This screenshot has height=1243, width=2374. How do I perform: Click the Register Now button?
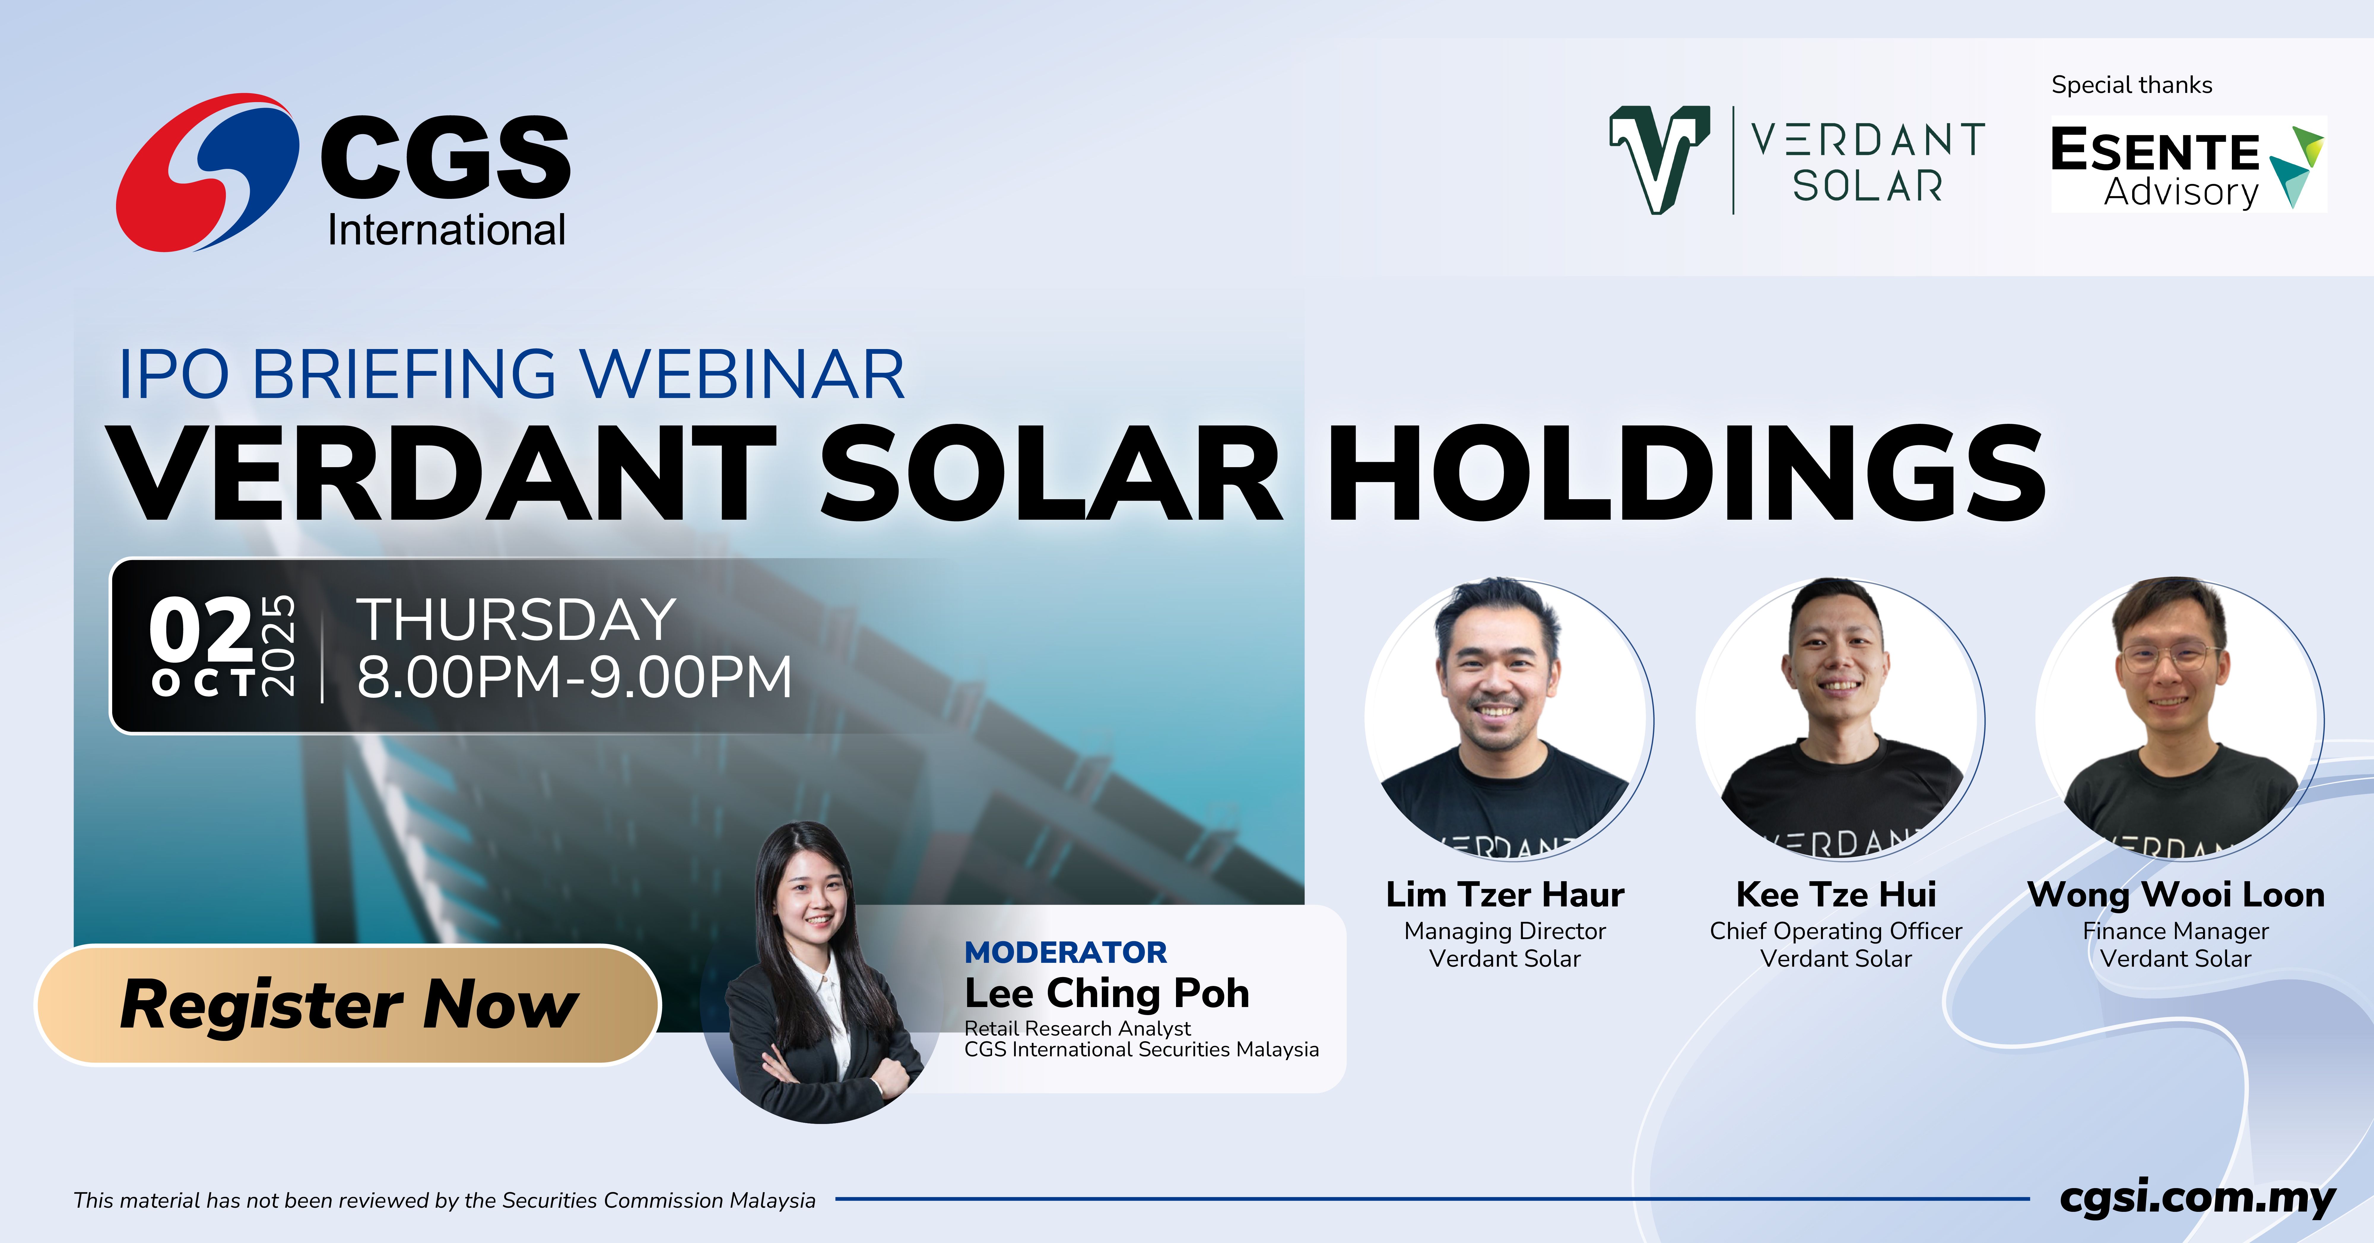click(x=348, y=1004)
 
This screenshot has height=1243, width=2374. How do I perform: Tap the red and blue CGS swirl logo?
click(x=207, y=172)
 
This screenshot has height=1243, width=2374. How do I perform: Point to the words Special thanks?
click(x=2132, y=85)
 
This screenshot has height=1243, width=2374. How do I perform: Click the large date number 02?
click(x=201, y=629)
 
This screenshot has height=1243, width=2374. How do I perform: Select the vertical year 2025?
click(x=278, y=645)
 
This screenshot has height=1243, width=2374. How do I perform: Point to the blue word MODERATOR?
click(x=1065, y=952)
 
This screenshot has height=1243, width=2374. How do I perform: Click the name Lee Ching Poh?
click(x=1107, y=993)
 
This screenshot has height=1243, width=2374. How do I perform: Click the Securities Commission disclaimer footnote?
click(x=444, y=1200)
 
